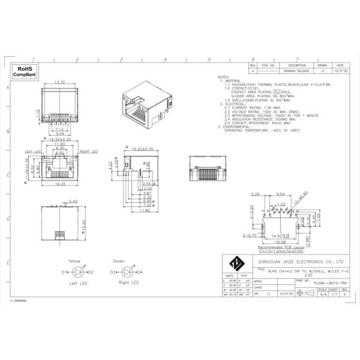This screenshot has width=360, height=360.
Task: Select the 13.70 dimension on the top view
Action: [59, 82]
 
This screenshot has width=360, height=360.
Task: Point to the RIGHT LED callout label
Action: [89, 152]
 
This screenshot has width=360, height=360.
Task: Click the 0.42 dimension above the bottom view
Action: [73, 201]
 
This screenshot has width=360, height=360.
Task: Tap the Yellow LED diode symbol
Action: [74, 272]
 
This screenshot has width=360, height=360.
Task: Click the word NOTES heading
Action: [224, 77]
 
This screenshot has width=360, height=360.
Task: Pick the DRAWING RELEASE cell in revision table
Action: [297, 70]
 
